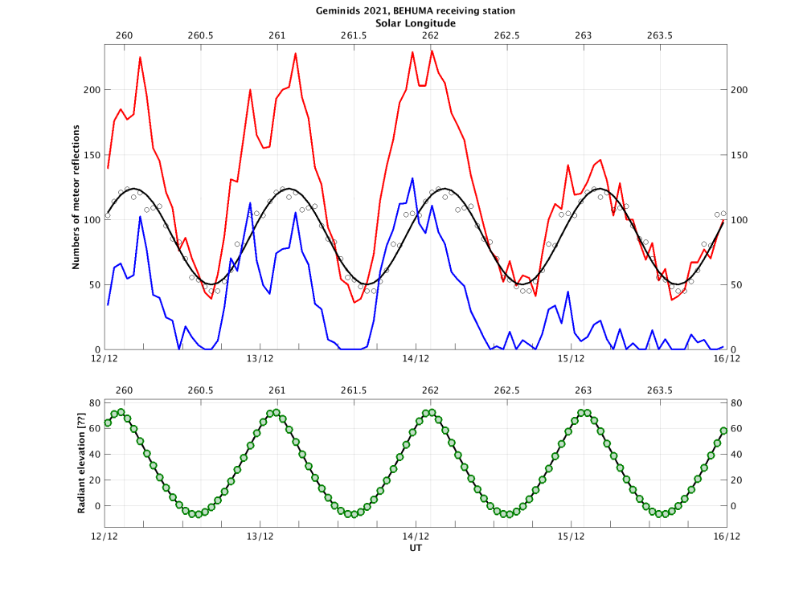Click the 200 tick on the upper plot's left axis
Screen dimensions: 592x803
[x=89, y=90]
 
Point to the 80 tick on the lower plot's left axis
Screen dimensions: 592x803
[x=93, y=403]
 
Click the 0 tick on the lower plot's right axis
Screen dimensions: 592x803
[x=734, y=506]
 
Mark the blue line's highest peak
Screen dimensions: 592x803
[x=412, y=178]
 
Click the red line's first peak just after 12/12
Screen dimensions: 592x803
[x=140, y=57]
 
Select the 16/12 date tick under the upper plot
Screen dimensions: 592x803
[x=727, y=359]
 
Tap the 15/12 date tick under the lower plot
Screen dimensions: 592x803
[x=571, y=537]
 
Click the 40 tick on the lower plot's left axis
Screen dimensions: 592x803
[x=93, y=455]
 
